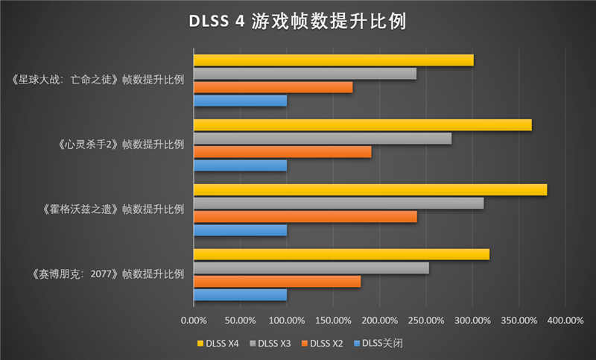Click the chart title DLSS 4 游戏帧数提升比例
(x=297, y=22)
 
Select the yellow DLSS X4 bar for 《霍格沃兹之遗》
(x=370, y=190)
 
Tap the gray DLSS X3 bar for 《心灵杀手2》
(x=323, y=139)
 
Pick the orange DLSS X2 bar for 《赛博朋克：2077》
(x=277, y=282)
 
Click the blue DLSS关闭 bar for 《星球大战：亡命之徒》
(x=240, y=101)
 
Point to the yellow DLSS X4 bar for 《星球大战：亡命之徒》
(x=333, y=60)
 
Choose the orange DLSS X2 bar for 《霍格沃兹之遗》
(x=305, y=217)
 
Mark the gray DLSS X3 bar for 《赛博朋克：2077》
(x=311, y=268)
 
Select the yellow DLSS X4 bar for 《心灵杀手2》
(x=362, y=125)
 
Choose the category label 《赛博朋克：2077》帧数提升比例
(x=109, y=274)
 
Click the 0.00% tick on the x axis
(x=194, y=320)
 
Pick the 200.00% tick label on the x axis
(x=379, y=320)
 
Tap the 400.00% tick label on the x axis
(x=565, y=320)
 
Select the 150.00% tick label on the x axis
(x=333, y=320)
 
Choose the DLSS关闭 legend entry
(x=378, y=343)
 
